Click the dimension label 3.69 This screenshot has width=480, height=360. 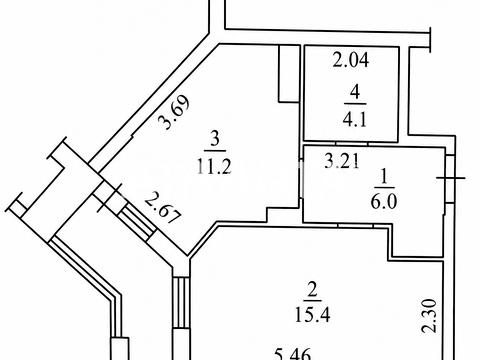(x=174, y=112)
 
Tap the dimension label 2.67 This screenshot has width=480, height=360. (x=164, y=208)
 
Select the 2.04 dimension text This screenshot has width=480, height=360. (x=351, y=60)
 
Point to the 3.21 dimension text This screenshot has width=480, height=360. (x=342, y=161)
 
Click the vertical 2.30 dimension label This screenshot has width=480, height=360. (x=429, y=316)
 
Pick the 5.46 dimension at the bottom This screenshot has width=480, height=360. (x=293, y=354)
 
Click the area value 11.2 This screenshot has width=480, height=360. (x=214, y=166)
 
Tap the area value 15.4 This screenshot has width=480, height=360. (x=312, y=314)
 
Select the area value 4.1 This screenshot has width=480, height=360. (x=355, y=119)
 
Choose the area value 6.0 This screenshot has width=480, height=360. (x=383, y=202)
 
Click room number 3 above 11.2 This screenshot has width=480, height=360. (x=215, y=139)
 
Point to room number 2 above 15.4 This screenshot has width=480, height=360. (x=312, y=290)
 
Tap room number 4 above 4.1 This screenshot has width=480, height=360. (x=355, y=92)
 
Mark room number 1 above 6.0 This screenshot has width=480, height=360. (x=384, y=176)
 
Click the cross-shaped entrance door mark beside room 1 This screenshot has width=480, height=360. (x=451, y=178)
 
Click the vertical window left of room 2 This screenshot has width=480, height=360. (x=181, y=302)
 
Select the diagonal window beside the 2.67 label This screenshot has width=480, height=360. (x=137, y=221)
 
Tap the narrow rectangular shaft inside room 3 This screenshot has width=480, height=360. (x=289, y=73)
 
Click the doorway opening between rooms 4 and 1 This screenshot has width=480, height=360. (x=352, y=144)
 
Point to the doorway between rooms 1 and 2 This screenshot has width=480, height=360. (x=355, y=225)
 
